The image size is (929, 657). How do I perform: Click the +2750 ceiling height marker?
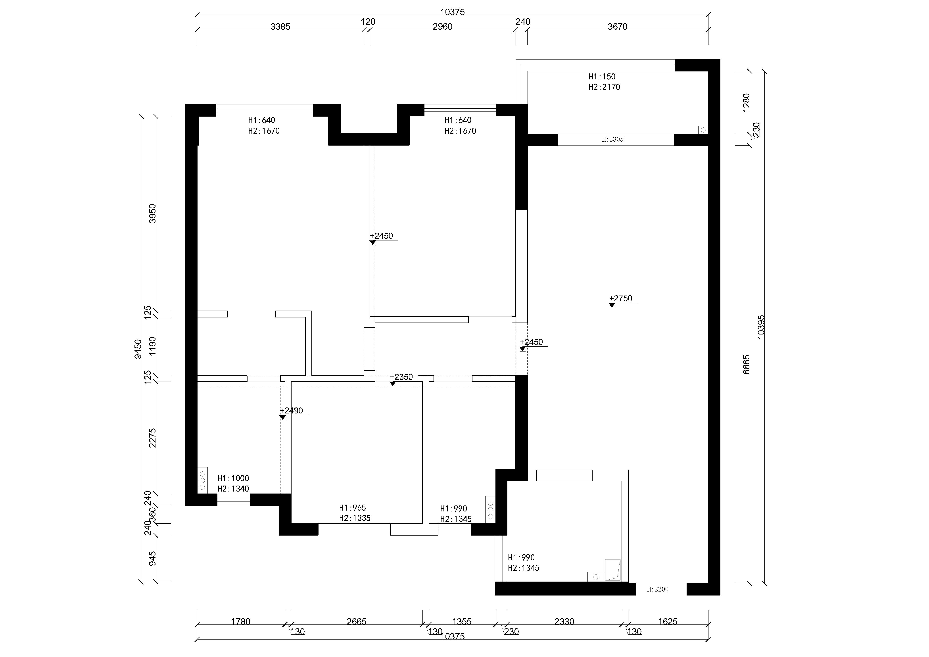pos(621,299)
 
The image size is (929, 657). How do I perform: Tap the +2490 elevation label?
pos(291,411)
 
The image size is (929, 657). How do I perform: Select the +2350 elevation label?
pos(401,377)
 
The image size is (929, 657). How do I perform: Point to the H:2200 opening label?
pos(658,590)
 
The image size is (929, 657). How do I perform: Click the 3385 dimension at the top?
pos(280,27)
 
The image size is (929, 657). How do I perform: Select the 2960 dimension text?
pos(443,27)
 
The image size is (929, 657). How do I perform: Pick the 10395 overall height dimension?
pos(761,327)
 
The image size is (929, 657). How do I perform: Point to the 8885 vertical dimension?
pos(747,364)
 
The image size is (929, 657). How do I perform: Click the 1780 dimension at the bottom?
pos(241,621)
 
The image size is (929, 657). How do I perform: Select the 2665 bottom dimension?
pos(357,621)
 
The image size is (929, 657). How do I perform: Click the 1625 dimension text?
pos(668,621)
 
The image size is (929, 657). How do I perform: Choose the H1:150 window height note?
pos(602,77)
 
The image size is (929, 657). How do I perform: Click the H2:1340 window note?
pos(233,489)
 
